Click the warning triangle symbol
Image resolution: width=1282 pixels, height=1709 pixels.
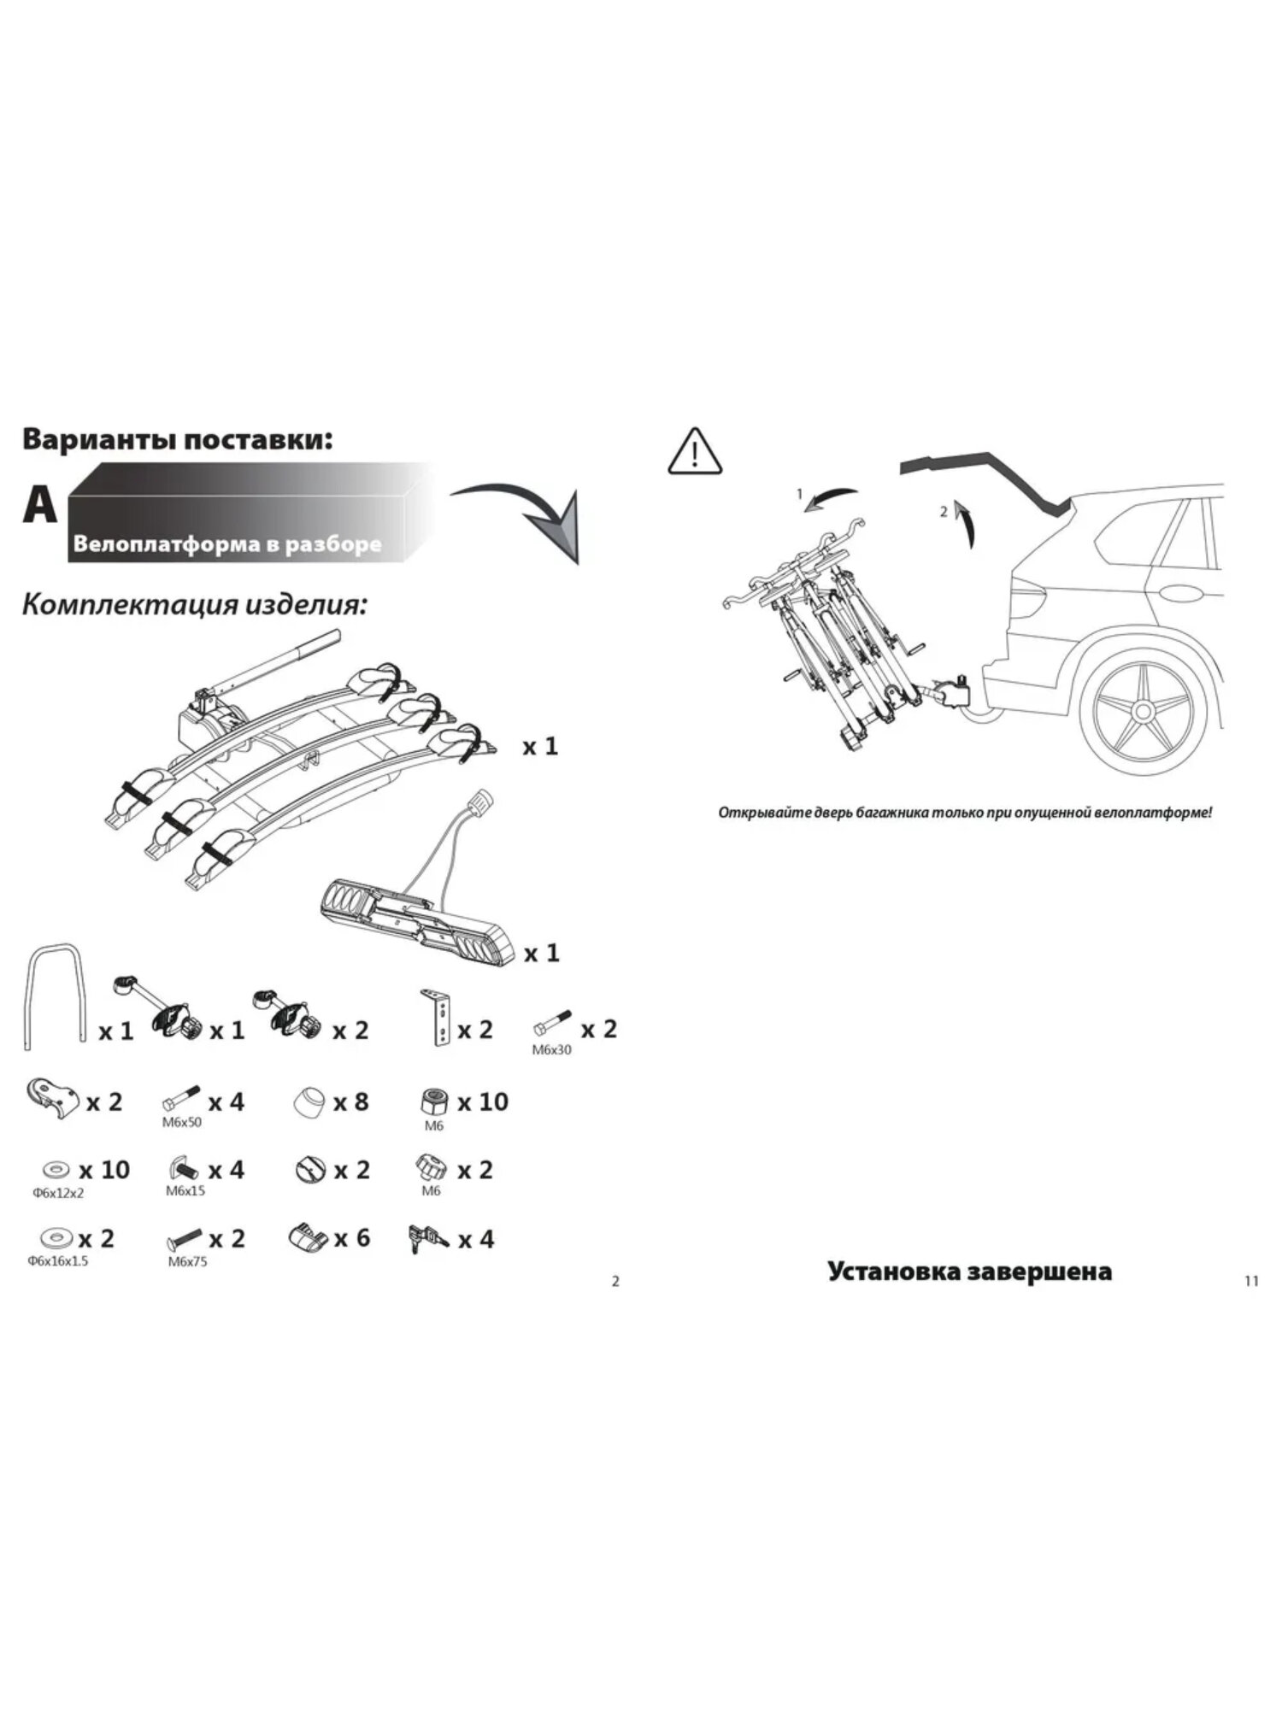pos(695,452)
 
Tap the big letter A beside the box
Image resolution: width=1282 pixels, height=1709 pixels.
pos(40,506)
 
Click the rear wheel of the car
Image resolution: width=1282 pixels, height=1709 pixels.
pos(1141,709)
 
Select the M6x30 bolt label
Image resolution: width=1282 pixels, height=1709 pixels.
pos(551,1049)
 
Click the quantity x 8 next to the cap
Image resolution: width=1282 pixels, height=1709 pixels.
pos(350,1101)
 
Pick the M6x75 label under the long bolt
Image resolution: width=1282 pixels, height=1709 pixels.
pos(187,1261)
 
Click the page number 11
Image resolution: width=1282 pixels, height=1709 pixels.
pos(1251,1280)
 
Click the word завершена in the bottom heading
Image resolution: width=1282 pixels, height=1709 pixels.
pos(1040,1271)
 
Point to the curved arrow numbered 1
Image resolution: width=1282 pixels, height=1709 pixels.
pos(831,497)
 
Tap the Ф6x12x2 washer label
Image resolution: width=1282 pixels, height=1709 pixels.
pos(58,1193)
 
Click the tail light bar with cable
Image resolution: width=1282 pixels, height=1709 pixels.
pos(419,916)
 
